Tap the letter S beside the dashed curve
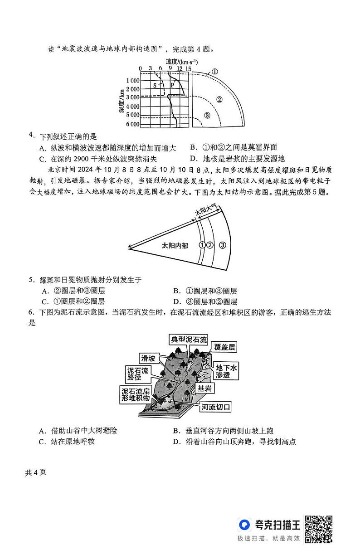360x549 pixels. click(x=155, y=85)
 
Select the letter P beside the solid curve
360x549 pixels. click(x=172, y=85)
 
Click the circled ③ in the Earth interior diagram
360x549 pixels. click(x=207, y=116)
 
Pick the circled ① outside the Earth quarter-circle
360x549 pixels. click(x=215, y=72)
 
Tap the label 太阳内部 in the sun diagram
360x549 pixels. click(x=175, y=245)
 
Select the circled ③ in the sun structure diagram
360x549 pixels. click(x=222, y=245)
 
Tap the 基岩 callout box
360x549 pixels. click(x=206, y=389)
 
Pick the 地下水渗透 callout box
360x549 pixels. click(x=226, y=371)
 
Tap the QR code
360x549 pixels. click(x=318, y=529)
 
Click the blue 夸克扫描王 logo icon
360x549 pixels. click(x=245, y=525)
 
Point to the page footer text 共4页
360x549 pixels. click(x=35, y=472)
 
